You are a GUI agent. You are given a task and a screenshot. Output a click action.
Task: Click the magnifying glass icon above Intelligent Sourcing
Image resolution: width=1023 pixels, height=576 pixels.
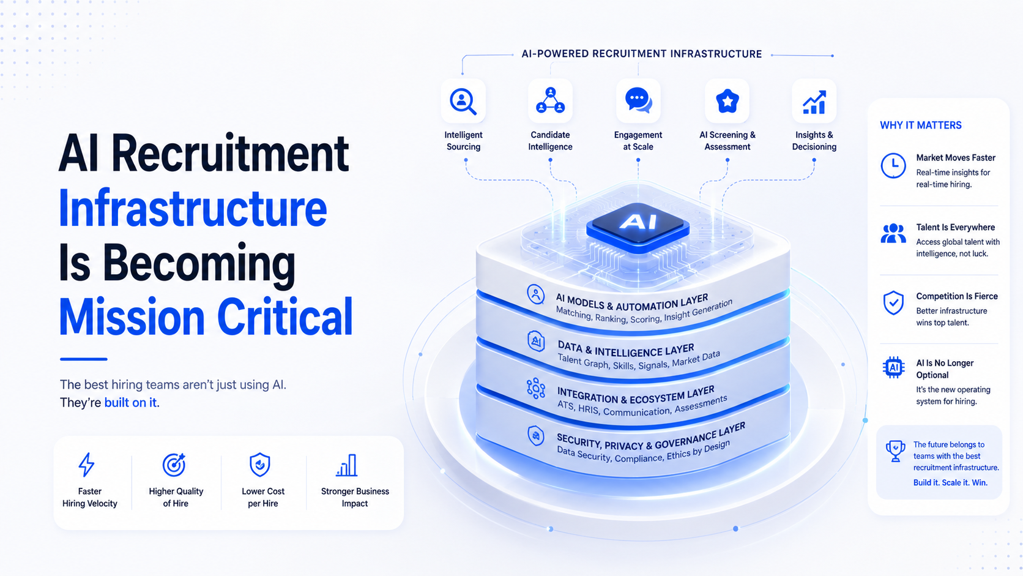463,102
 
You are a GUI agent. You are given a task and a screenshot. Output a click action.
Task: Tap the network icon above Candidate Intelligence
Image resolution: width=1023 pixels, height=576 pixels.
550,100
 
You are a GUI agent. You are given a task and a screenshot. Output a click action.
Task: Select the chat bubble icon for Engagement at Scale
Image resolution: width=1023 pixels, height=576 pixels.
639,100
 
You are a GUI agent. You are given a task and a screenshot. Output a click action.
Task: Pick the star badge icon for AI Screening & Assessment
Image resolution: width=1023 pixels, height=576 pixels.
727,101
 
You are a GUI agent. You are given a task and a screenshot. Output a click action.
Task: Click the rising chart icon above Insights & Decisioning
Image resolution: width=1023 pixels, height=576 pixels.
814,102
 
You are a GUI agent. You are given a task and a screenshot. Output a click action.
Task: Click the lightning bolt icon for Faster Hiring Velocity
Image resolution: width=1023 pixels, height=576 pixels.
86,465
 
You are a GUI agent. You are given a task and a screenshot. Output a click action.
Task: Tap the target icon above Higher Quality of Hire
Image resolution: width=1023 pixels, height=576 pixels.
174,465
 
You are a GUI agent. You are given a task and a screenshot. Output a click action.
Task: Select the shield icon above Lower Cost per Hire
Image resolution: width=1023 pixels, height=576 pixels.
260,465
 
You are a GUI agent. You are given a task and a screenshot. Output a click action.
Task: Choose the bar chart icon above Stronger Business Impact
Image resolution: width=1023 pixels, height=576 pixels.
347,465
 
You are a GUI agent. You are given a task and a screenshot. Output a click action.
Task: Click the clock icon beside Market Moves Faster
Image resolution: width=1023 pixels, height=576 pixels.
893,165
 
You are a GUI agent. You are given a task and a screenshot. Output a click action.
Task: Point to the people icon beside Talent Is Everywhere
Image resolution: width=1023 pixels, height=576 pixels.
893,233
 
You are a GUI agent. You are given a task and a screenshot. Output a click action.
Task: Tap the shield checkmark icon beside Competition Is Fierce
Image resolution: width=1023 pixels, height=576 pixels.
893,303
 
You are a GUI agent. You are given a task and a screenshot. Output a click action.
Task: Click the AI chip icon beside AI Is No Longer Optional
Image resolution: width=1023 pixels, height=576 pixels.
893,367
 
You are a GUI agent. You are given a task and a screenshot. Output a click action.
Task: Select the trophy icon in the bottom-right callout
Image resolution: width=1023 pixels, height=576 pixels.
895,451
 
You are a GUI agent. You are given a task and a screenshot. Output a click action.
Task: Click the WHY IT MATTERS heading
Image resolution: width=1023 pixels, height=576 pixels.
921,125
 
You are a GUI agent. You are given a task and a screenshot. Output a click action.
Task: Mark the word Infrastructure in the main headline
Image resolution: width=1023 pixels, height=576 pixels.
193,208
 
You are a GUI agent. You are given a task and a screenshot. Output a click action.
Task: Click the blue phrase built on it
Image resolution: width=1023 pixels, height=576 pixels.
130,402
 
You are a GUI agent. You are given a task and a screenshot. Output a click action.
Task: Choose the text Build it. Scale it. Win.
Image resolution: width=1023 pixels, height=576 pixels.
950,482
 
